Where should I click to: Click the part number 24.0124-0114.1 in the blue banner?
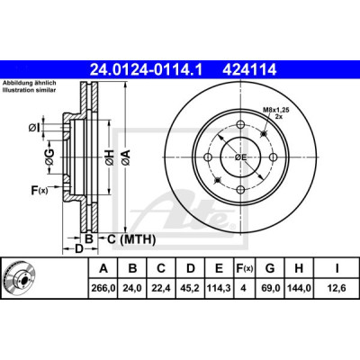(x=147, y=70)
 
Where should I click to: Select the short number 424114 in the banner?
(x=249, y=70)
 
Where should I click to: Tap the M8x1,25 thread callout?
(x=276, y=110)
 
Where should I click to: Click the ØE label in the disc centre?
(x=240, y=157)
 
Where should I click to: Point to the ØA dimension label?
(x=126, y=157)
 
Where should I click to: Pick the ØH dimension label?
(x=110, y=157)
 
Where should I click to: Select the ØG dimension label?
(x=49, y=157)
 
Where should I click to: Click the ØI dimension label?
(x=34, y=129)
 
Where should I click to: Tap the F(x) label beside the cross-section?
(x=40, y=190)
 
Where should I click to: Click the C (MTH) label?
(x=131, y=239)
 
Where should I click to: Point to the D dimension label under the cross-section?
(x=78, y=248)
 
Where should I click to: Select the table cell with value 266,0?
(x=103, y=288)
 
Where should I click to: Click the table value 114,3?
(x=219, y=288)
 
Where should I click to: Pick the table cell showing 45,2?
(x=191, y=288)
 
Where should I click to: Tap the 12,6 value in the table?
(x=337, y=288)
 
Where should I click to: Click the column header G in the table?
(x=270, y=268)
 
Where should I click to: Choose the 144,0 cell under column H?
(x=299, y=288)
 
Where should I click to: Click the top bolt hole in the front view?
(x=241, y=124)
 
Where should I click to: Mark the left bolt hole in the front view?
(x=208, y=157)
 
